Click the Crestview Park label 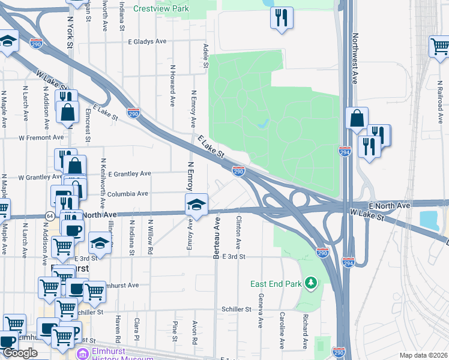pos(161,9)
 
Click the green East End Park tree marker pos(310,282)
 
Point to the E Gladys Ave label pos(147,42)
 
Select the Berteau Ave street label pos(217,238)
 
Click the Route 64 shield pos(47,215)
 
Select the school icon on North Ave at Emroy pos(196,205)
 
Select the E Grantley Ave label pos(129,173)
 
